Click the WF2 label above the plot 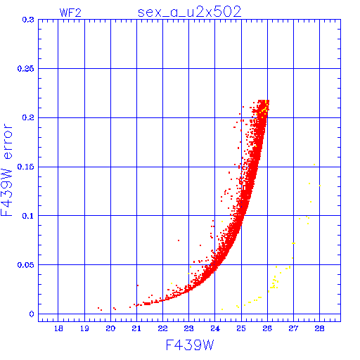pyautogui.click(x=70, y=13)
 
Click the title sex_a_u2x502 pyautogui.click(x=189, y=12)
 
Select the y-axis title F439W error pyautogui.click(x=6, y=169)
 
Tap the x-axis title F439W pyautogui.click(x=190, y=345)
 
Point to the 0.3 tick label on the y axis pyautogui.click(x=28, y=20)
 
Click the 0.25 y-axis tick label pyautogui.click(x=25, y=69)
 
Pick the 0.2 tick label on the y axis pyautogui.click(x=28, y=117)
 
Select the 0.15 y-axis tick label pyautogui.click(x=25, y=167)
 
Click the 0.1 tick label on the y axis pyautogui.click(x=28, y=216)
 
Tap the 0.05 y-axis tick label pyautogui.click(x=25, y=265)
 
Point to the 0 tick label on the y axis pyautogui.click(x=32, y=314)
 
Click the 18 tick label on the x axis pyautogui.click(x=58, y=328)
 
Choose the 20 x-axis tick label pyautogui.click(x=110, y=328)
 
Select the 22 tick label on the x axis pyautogui.click(x=162, y=328)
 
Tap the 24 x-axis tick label pyautogui.click(x=215, y=328)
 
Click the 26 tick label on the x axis pyautogui.click(x=267, y=328)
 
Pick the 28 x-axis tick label pyautogui.click(x=319, y=328)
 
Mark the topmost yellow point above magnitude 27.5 pyautogui.click(x=314, y=165)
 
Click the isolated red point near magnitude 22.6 pyautogui.click(x=179, y=240)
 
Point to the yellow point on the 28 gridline pyautogui.click(x=320, y=186)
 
